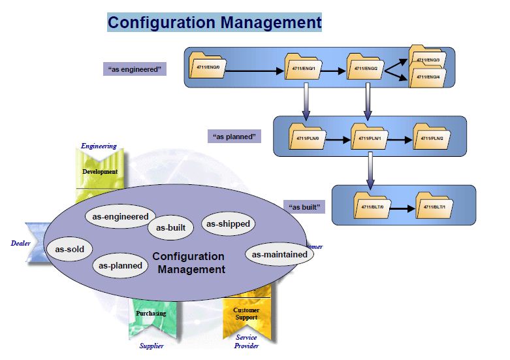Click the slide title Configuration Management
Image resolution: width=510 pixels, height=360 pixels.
(214, 23)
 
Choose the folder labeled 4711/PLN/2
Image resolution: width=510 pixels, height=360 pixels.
(430, 138)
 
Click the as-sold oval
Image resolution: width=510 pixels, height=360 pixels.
(69, 249)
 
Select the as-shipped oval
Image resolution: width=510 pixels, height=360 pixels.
(227, 224)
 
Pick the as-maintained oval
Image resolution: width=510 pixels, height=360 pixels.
(279, 254)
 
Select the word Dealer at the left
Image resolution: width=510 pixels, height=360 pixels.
(21, 243)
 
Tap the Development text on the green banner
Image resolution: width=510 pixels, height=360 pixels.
(100, 172)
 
